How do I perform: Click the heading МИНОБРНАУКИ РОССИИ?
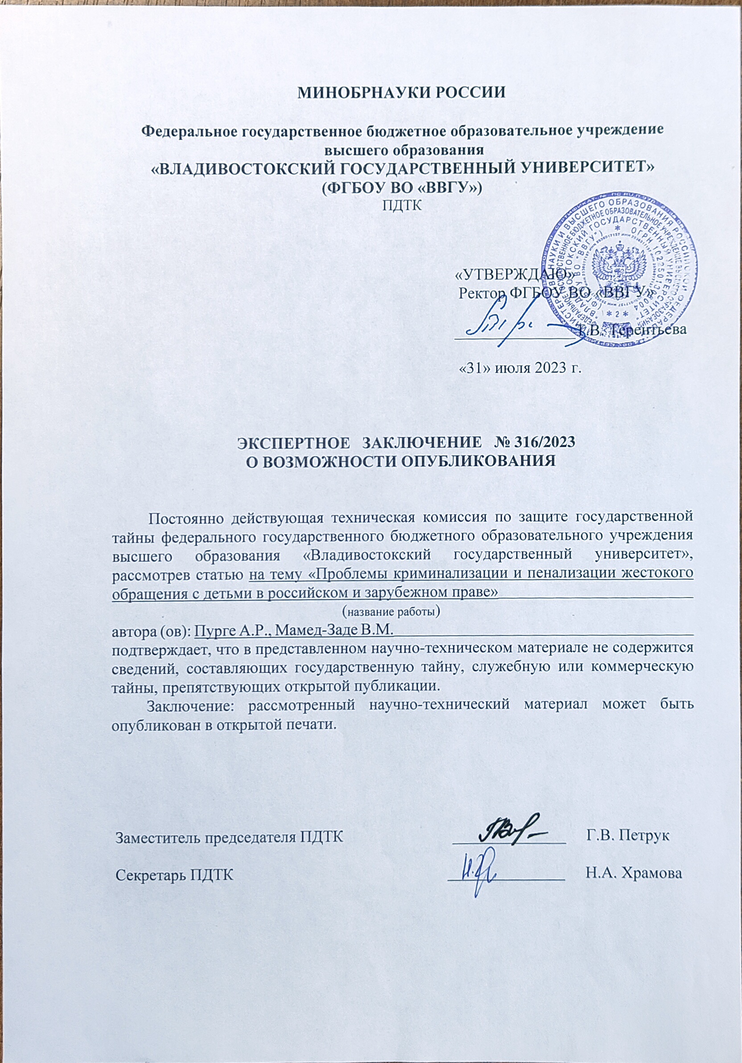[400, 93]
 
